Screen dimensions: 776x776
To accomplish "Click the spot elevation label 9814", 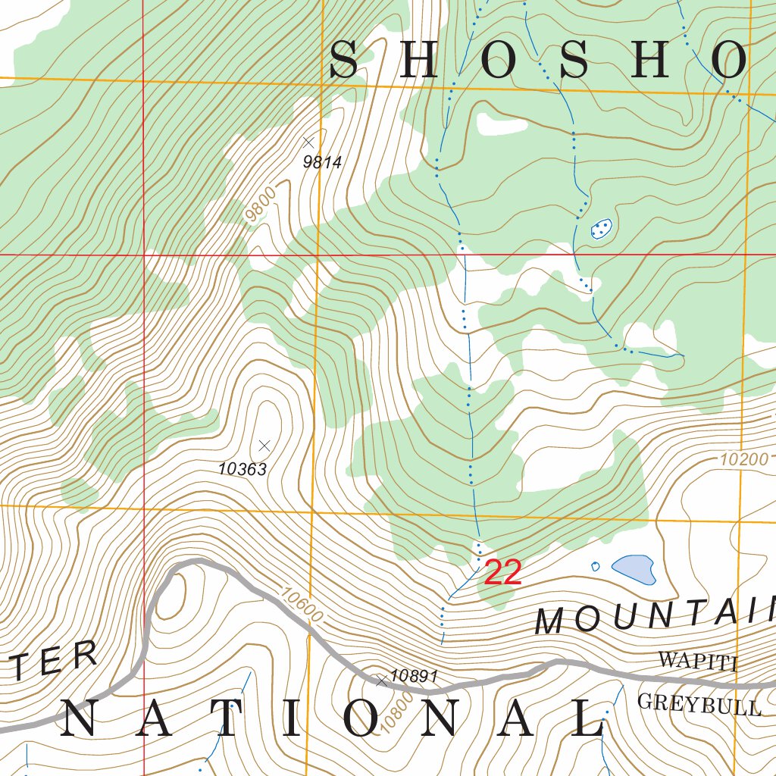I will point(323,161).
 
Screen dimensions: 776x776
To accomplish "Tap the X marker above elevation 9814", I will point(308,142).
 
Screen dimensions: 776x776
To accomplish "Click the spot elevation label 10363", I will point(242,469).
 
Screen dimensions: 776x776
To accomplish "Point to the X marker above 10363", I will point(264,445).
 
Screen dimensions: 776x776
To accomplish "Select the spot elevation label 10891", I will point(415,676).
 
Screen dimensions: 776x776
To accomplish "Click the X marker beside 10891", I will point(382,682).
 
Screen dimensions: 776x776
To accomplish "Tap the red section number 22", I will point(502,573).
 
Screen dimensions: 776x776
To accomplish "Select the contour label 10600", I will point(301,606).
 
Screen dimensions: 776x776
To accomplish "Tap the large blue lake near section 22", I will point(634,568).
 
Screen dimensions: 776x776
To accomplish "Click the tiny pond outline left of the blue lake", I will point(595,566).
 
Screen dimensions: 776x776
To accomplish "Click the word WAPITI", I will point(698,661).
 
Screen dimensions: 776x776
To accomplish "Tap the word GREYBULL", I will point(699,705).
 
